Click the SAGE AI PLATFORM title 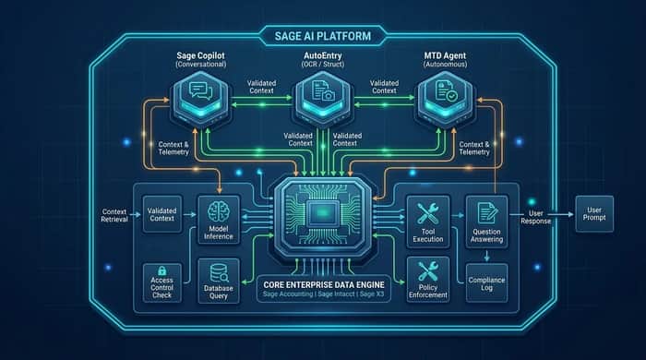pos(323,36)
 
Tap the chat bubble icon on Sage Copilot pos(200,90)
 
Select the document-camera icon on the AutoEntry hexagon pos(323,90)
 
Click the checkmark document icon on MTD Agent pos(446,90)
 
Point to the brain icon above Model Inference pos(219,211)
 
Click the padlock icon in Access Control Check pos(161,270)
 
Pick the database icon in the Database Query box pos(219,272)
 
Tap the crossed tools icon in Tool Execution pos(427,214)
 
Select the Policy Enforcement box pos(427,280)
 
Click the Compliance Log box pos(486,283)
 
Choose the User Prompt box pos(594,214)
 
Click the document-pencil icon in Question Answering pos(487,213)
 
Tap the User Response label pos(535,217)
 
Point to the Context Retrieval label pos(114,215)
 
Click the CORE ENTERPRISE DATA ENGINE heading pos(324,284)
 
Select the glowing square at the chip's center pos(323,213)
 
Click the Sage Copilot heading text pos(200,55)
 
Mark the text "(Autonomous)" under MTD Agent pos(445,65)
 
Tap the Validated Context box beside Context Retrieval pos(161,214)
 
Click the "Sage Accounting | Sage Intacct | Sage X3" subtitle pos(323,294)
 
